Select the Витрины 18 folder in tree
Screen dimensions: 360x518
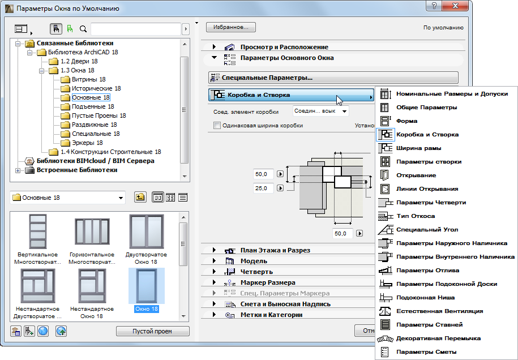coord(88,79)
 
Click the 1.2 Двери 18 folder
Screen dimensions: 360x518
coord(79,61)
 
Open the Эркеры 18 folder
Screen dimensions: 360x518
coord(87,143)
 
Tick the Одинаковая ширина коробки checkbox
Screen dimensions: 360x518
coord(216,125)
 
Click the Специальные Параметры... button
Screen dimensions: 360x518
coord(333,78)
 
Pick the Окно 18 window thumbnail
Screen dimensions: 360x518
coord(147,289)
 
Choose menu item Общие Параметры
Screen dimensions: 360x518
coord(426,107)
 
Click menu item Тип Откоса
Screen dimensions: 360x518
coord(415,216)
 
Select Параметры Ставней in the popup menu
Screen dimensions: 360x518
coord(429,324)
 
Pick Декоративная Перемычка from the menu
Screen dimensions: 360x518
coord(438,338)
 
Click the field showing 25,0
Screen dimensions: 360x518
coord(264,187)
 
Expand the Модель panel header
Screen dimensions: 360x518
coord(254,261)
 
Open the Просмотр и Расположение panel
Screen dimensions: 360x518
coord(284,47)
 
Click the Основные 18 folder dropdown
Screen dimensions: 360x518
coord(68,198)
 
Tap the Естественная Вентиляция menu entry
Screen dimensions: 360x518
coord(439,311)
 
